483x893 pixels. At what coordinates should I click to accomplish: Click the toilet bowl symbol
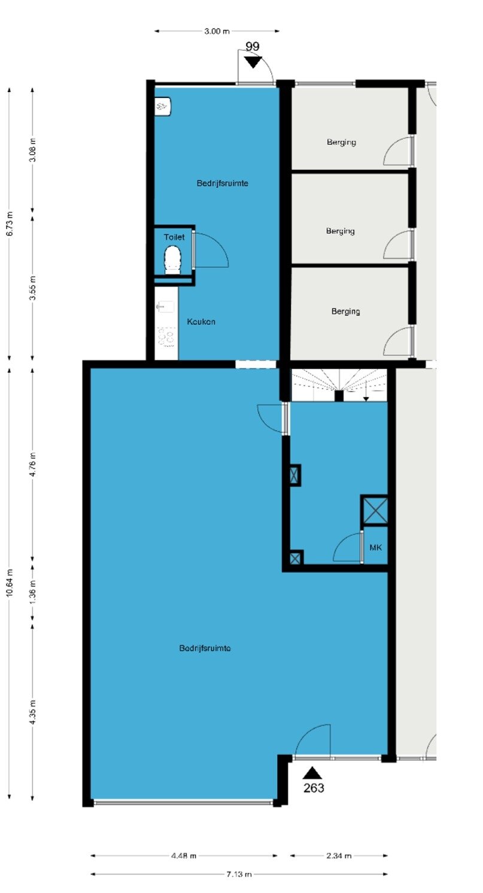(x=172, y=260)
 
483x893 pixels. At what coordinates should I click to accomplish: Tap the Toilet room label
(x=174, y=237)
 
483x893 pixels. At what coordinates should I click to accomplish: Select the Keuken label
(x=201, y=322)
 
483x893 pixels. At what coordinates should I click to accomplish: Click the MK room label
(x=376, y=547)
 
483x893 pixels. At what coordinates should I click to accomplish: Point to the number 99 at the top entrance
(x=252, y=46)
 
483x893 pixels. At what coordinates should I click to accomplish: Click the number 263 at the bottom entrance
(x=314, y=788)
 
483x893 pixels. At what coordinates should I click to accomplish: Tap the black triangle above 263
(x=312, y=773)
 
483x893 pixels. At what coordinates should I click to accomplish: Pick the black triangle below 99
(x=253, y=62)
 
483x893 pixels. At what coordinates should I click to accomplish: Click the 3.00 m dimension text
(x=217, y=31)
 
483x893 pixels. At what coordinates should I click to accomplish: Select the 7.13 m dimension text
(x=239, y=874)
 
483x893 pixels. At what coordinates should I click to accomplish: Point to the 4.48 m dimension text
(x=184, y=855)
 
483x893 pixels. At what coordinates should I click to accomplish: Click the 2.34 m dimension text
(x=339, y=855)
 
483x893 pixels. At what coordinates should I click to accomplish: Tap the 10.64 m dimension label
(x=10, y=583)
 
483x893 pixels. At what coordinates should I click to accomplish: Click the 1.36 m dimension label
(x=33, y=591)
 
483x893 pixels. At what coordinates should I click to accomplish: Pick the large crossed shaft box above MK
(x=374, y=510)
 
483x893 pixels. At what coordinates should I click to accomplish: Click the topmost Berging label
(x=341, y=142)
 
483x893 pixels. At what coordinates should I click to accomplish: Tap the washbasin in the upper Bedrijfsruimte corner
(x=163, y=106)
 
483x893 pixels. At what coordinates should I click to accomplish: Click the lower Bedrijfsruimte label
(x=205, y=648)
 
